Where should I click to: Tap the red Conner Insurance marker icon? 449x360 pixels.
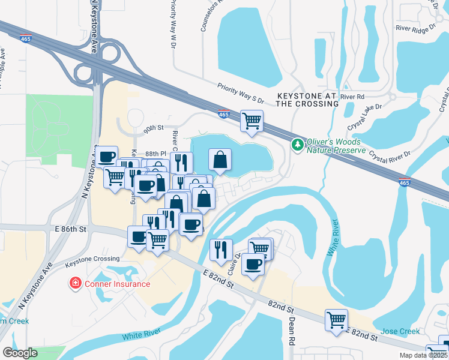click(x=76, y=283)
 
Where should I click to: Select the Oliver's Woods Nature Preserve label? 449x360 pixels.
click(x=336, y=146)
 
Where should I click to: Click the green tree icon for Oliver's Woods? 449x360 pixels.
click(x=297, y=144)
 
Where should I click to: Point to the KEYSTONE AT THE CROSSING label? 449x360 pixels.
click(x=307, y=100)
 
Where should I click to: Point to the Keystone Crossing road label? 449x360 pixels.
click(x=94, y=259)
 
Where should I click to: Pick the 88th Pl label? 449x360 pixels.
click(x=155, y=154)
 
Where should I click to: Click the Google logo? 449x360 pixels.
click(x=20, y=353)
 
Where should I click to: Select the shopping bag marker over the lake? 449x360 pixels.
click(x=220, y=160)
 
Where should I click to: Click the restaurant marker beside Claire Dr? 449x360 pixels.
click(x=221, y=250)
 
